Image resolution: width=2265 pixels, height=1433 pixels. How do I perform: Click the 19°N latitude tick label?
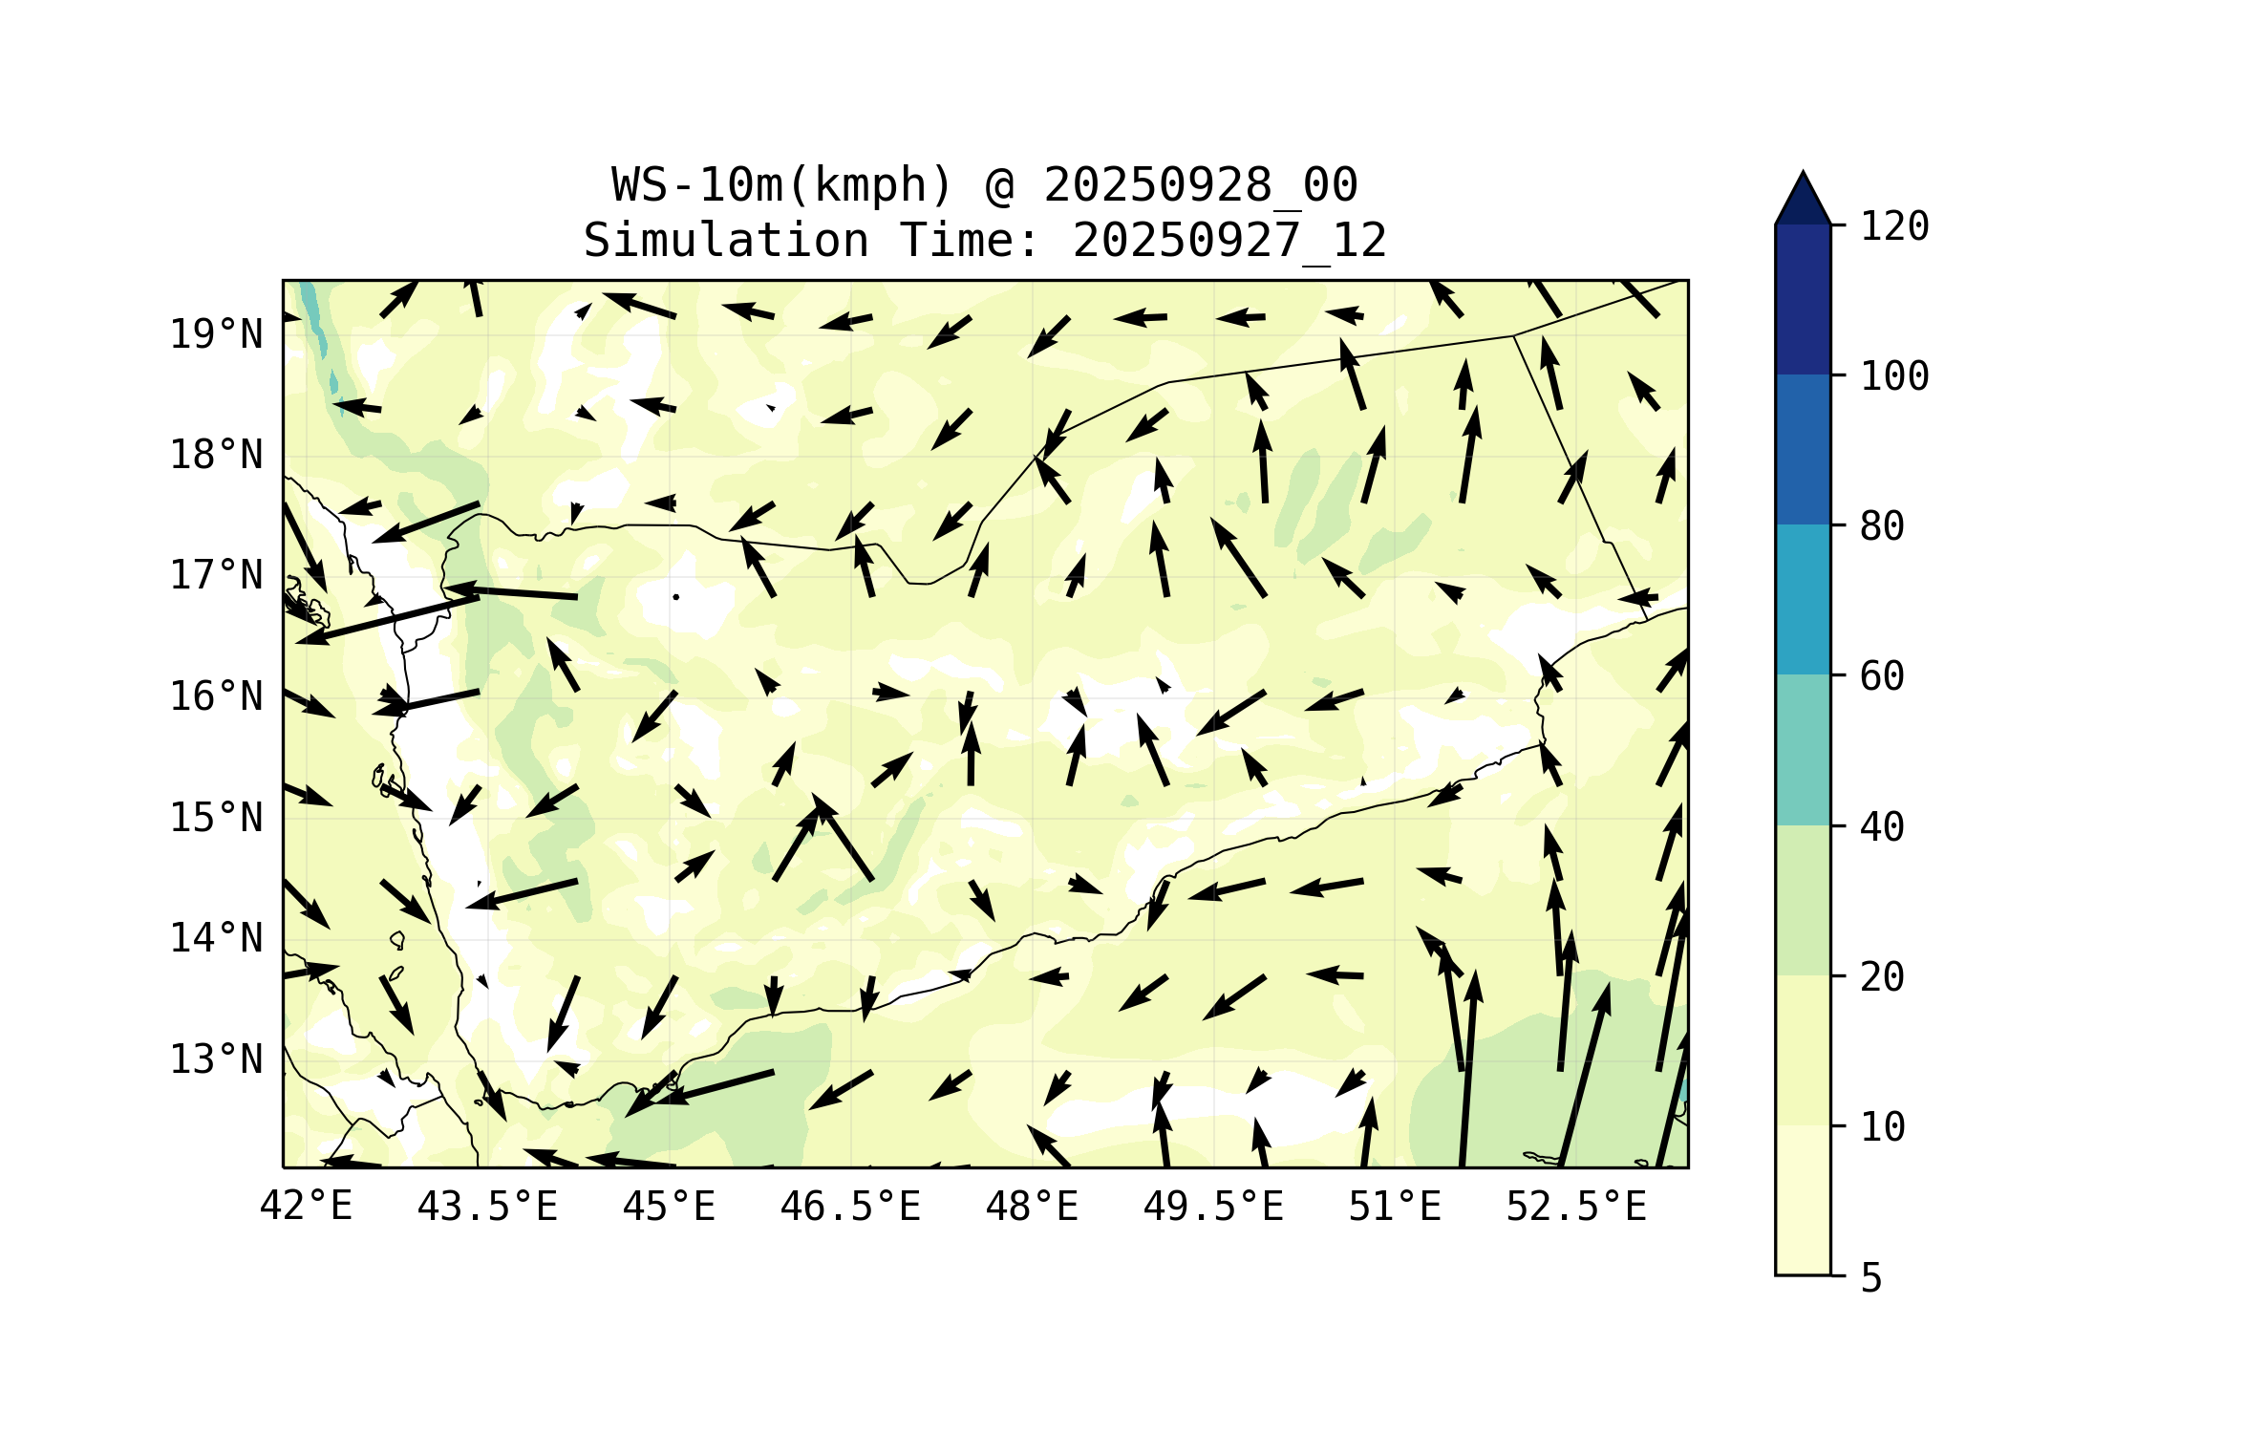[x=216, y=334]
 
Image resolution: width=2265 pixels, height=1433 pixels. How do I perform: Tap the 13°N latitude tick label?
[x=216, y=1059]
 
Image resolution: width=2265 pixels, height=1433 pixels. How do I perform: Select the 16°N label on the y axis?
[x=216, y=697]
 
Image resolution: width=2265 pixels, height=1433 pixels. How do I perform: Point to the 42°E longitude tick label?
[x=306, y=1207]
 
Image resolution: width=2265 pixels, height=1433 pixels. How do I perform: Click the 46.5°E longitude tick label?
[x=850, y=1207]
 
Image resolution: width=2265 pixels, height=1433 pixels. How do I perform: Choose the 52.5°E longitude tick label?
[x=1576, y=1207]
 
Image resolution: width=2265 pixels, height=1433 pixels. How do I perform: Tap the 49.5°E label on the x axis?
[x=1213, y=1207]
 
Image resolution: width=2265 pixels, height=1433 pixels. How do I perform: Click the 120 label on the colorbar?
[x=1894, y=226]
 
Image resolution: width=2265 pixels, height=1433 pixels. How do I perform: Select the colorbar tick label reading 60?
[x=1882, y=676]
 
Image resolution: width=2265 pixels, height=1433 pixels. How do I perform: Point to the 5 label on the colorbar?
[x=1871, y=1278]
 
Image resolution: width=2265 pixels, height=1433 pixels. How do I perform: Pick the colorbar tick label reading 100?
[x=1894, y=376]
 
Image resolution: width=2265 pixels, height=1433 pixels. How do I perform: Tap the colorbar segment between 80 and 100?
[x=1803, y=449]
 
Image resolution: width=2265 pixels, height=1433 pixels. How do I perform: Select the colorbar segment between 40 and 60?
[x=1803, y=750]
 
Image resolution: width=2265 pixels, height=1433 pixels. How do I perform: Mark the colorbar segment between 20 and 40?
[x=1803, y=900]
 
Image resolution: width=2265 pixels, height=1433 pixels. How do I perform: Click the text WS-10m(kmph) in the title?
[x=782, y=185]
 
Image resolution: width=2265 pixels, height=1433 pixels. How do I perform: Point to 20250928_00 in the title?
[x=1200, y=185]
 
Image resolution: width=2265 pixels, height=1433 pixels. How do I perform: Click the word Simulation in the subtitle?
[x=726, y=241]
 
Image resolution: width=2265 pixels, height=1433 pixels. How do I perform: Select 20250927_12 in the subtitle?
[x=1229, y=241]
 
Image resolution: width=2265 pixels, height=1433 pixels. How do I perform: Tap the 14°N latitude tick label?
[x=216, y=939]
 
